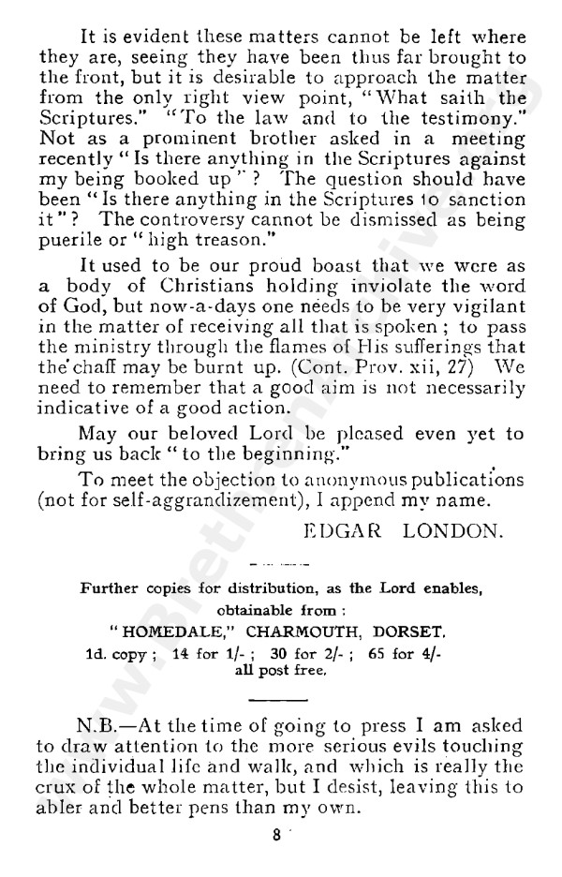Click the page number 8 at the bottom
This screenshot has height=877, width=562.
(x=277, y=839)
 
